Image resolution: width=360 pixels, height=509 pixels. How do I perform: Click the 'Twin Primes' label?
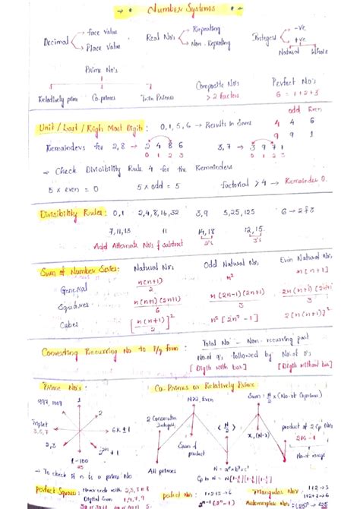pos(158,97)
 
